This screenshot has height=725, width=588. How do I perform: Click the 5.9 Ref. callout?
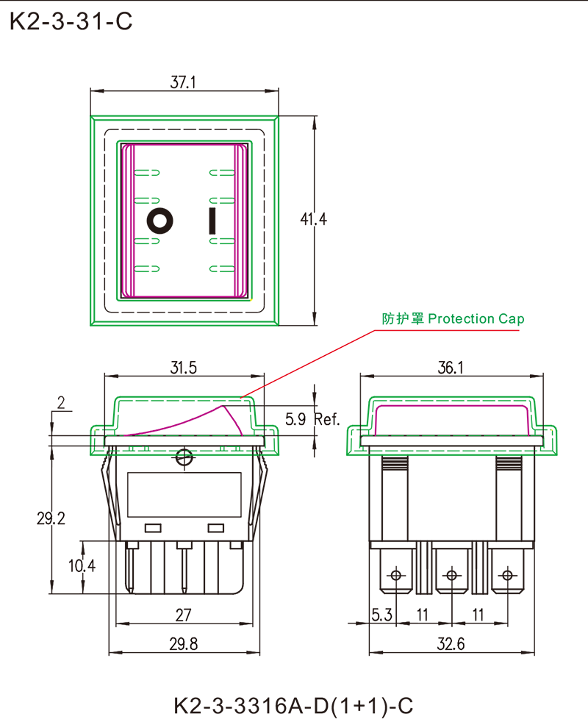click(309, 421)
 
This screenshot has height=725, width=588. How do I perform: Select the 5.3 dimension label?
click(382, 612)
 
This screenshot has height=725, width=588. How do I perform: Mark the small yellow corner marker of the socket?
click(254, 301)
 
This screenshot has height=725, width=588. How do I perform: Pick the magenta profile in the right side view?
click(452, 413)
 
